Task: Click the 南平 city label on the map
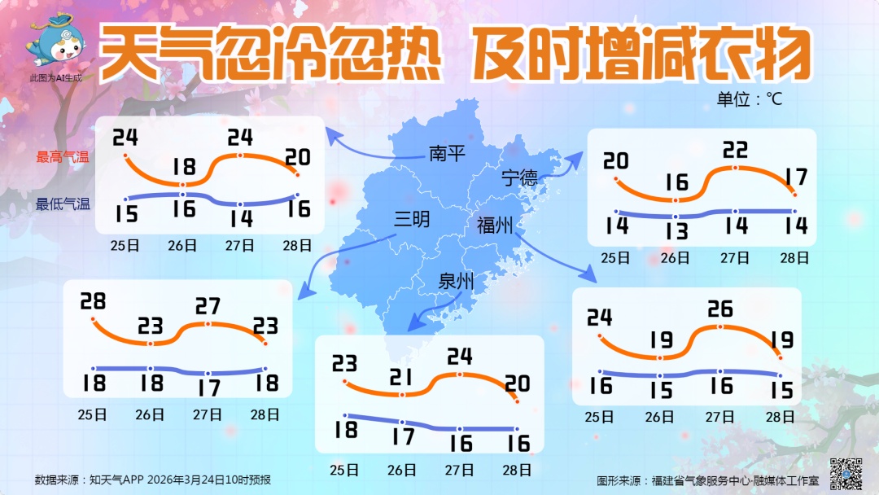pos(447,152)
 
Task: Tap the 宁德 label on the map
pos(519,177)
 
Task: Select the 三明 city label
pos(412,220)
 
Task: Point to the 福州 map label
pos(495,226)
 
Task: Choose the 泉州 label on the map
pos(456,282)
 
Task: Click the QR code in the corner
pos(846,473)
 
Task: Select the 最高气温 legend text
pos(62,157)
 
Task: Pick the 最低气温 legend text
pos(62,204)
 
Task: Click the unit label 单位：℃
pos(749,99)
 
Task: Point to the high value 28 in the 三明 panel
pos(93,301)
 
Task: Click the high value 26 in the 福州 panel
pos(720,309)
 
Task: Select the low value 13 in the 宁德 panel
pos(675,230)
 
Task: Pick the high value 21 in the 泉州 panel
pos(402,376)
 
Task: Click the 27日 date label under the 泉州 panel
pos(460,470)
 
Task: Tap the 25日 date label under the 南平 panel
pos(125,244)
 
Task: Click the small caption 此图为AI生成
pos(55,78)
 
